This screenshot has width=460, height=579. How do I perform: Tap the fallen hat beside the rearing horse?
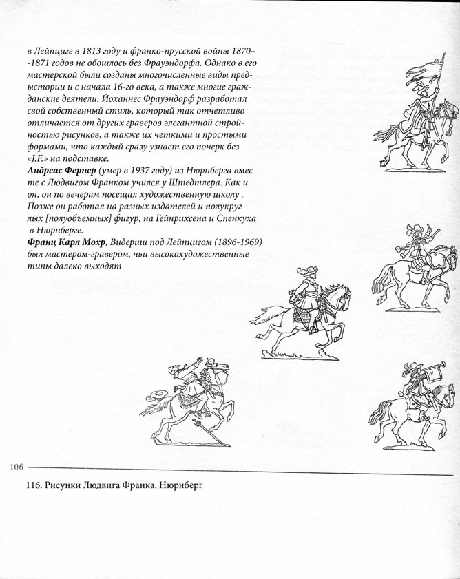coord(156,397)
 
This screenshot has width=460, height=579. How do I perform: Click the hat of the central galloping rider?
coord(302,272)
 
